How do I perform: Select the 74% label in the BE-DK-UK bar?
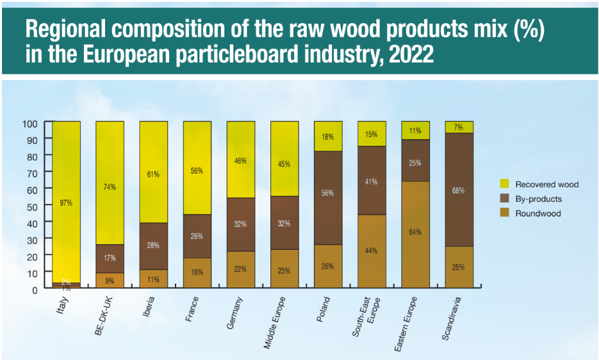click(110, 187)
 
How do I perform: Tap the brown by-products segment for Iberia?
click(153, 246)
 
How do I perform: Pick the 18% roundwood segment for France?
click(197, 273)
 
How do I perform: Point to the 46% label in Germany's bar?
click(240, 161)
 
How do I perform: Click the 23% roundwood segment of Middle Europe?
click(284, 270)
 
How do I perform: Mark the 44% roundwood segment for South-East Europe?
click(372, 251)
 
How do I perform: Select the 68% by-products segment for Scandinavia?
click(459, 190)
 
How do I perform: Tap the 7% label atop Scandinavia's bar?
click(459, 127)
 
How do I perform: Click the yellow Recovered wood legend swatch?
click(504, 184)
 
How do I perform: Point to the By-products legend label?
click(538, 199)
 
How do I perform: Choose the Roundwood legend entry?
click(538, 213)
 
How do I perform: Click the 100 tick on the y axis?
click(31, 122)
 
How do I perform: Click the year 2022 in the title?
click(411, 53)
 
